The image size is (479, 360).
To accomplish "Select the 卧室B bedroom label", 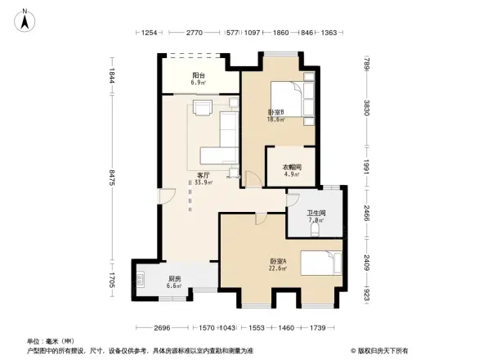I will tap(275, 115).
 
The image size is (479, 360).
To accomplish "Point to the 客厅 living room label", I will tap(204, 178).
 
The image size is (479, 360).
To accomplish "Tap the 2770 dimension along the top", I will tap(194, 33).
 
